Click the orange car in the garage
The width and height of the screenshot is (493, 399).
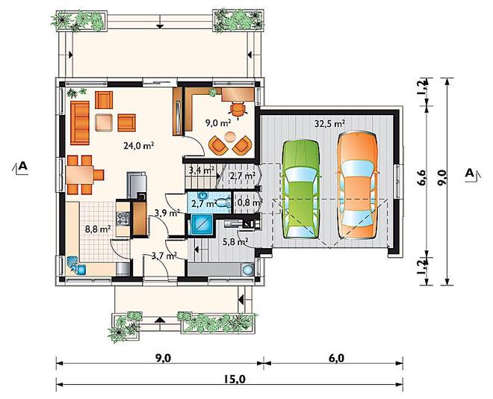click(x=357, y=185)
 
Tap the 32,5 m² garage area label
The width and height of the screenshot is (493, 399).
click(x=329, y=123)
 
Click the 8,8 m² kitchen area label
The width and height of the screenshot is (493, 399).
click(x=98, y=229)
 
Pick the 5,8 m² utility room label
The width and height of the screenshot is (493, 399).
click(x=235, y=241)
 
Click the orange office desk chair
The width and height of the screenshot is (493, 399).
click(x=238, y=110)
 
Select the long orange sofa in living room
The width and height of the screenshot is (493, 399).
click(x=80, y=123)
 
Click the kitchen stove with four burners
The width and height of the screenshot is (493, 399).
click(x=123, y=218)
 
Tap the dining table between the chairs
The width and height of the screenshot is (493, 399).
click(x=79, y=175)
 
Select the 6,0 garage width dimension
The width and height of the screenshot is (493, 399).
click(x=336, y=359)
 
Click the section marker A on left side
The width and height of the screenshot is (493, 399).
click(x=20, y=167)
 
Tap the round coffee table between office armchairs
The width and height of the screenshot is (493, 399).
click(x=231, y=137)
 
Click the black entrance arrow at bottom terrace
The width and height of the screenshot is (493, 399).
click(x=160, y=320)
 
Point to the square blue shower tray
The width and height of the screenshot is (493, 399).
click(x=201, y=224)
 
